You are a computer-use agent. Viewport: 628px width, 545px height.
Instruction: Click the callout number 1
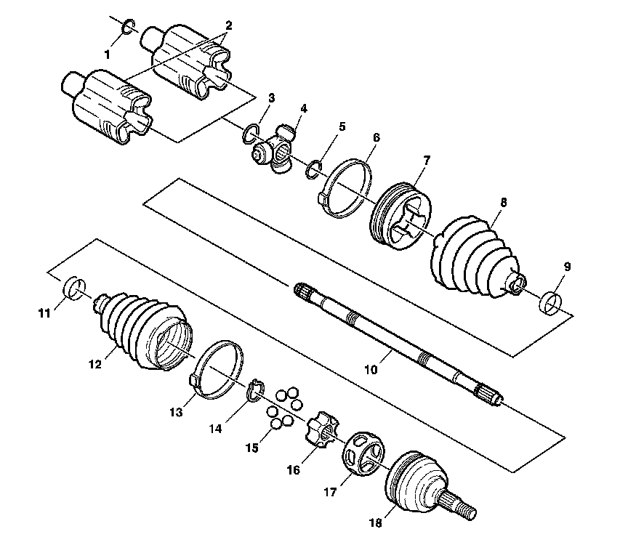point(108,54)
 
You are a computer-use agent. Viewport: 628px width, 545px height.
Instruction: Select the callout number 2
point(228,25)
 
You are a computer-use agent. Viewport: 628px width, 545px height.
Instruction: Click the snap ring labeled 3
point(251,132)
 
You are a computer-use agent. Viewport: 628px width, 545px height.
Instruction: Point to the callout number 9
point(567,267)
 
